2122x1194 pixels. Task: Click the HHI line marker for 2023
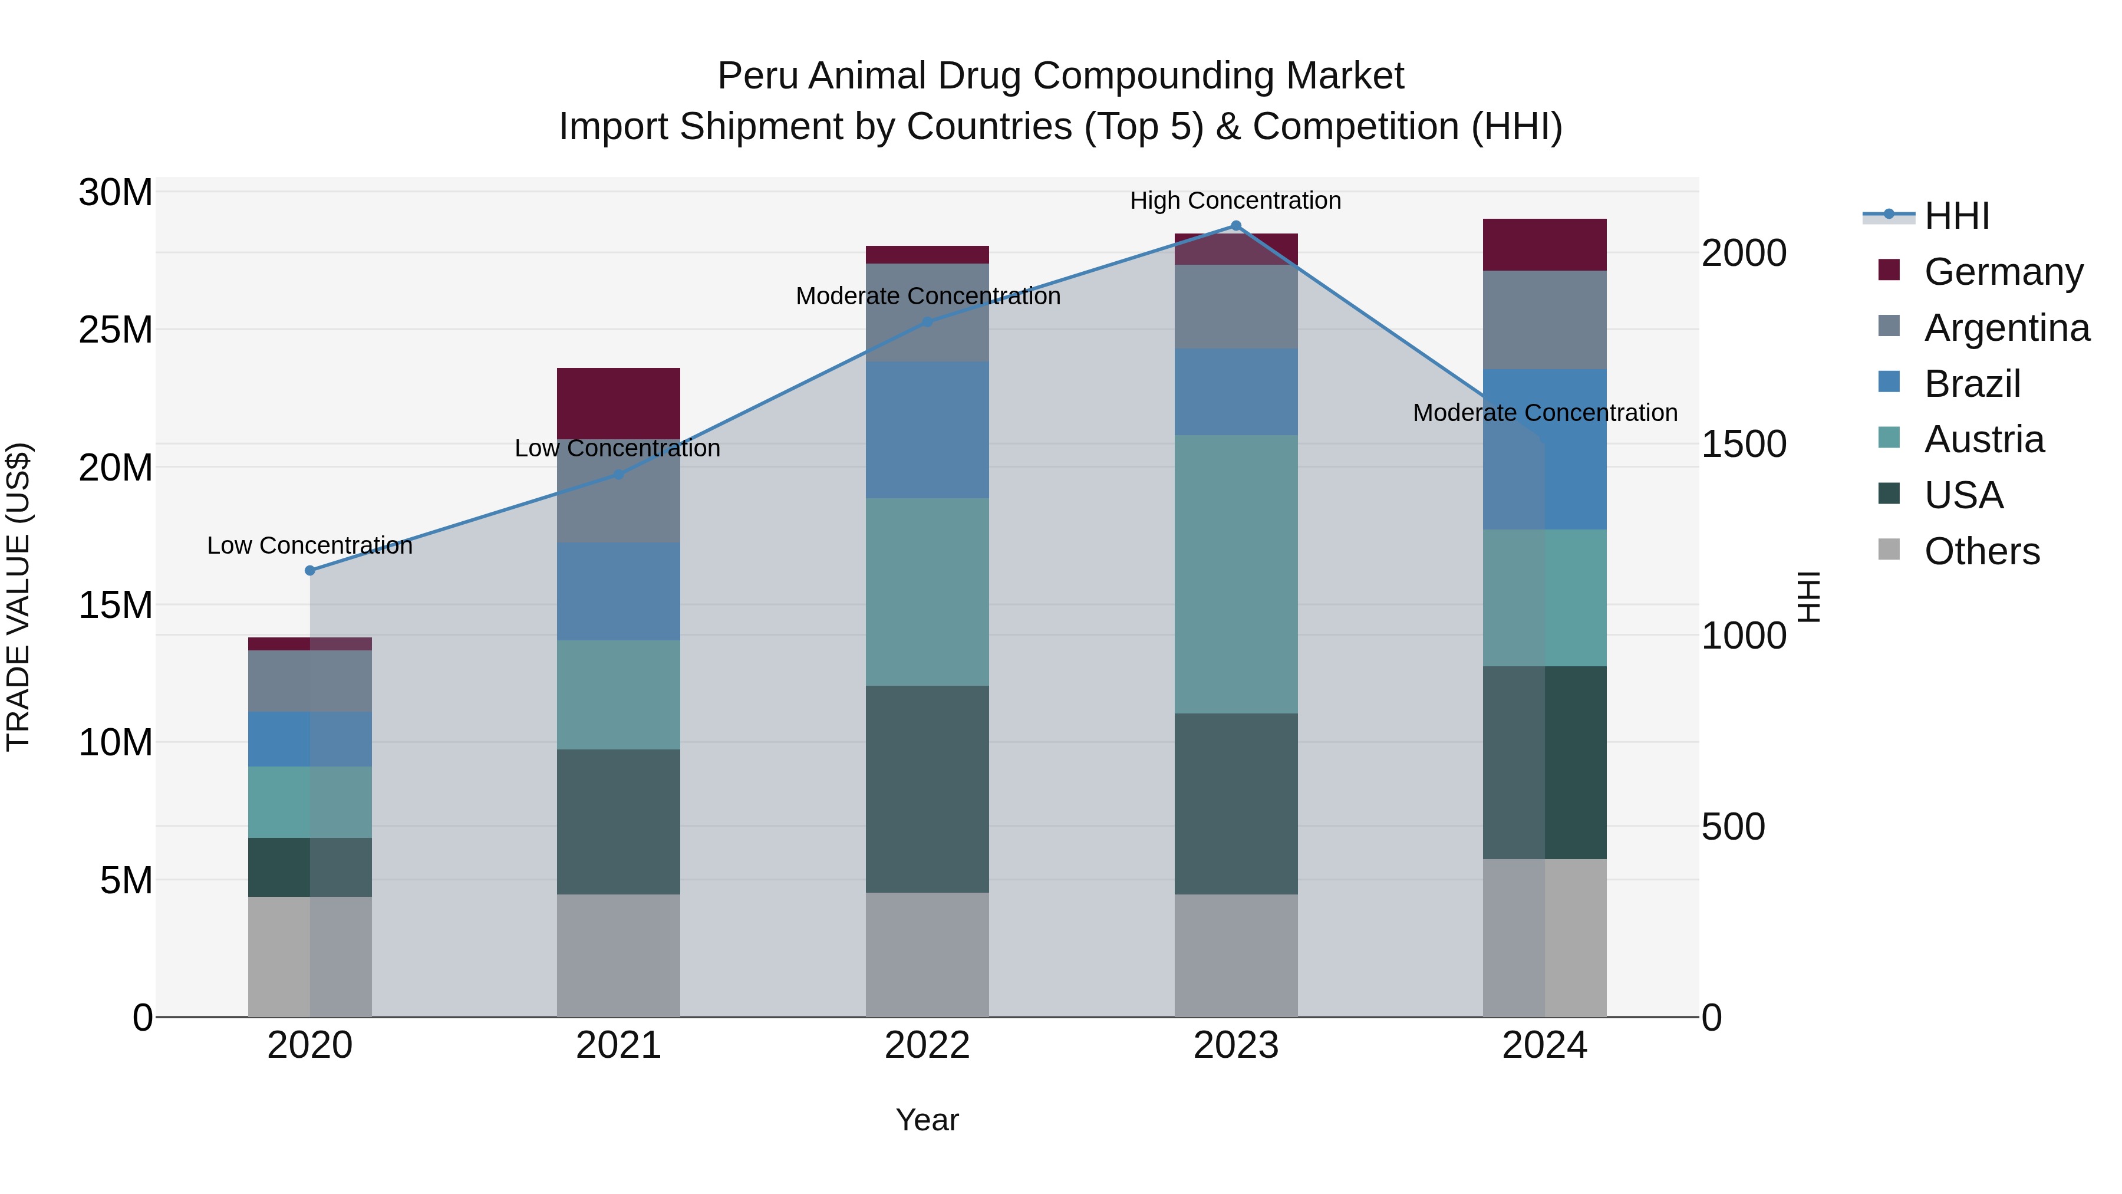[1235, 225]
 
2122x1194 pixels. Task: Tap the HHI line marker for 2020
[309, 570]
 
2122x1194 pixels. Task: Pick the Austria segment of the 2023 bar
[1235, 574]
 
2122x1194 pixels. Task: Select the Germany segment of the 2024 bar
[1544, 245]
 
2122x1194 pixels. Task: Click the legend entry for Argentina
[2006, 328]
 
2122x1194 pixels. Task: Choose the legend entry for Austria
[1983, 439]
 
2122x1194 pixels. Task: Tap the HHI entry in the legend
[1956, 216]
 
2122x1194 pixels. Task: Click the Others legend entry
[1981, 551]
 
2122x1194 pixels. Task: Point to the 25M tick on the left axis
[116, 330]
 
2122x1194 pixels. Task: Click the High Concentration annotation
[1235, 200]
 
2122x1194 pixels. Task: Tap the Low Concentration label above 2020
[309, 545]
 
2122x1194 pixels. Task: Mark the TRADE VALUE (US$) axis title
[18, 597]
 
